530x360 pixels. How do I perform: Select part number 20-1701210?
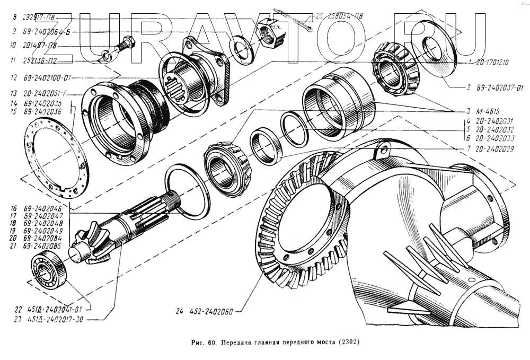pyautogui.click(x=491, y=62)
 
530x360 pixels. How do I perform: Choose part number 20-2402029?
pyautogui.click(x=494, y=150)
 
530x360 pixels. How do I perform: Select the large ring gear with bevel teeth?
pyautogui.click(x=302, y=223)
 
